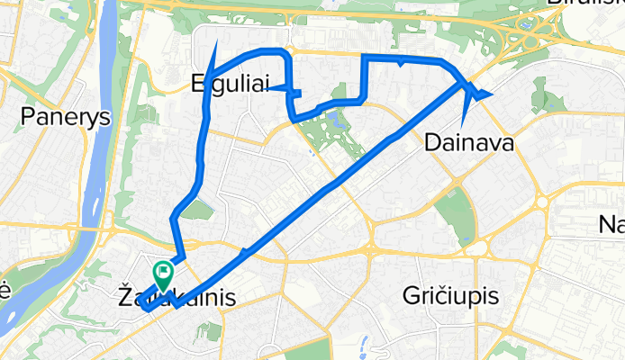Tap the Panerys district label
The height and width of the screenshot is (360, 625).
pos(52,117)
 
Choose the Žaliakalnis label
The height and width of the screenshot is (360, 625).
pos(177,293)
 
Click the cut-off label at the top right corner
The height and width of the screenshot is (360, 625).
pos(585,4)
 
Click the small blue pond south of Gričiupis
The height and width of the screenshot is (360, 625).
pos(364,344)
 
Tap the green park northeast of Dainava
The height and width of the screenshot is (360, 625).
pos(540,94)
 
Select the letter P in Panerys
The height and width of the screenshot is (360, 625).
pos(27,117)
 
